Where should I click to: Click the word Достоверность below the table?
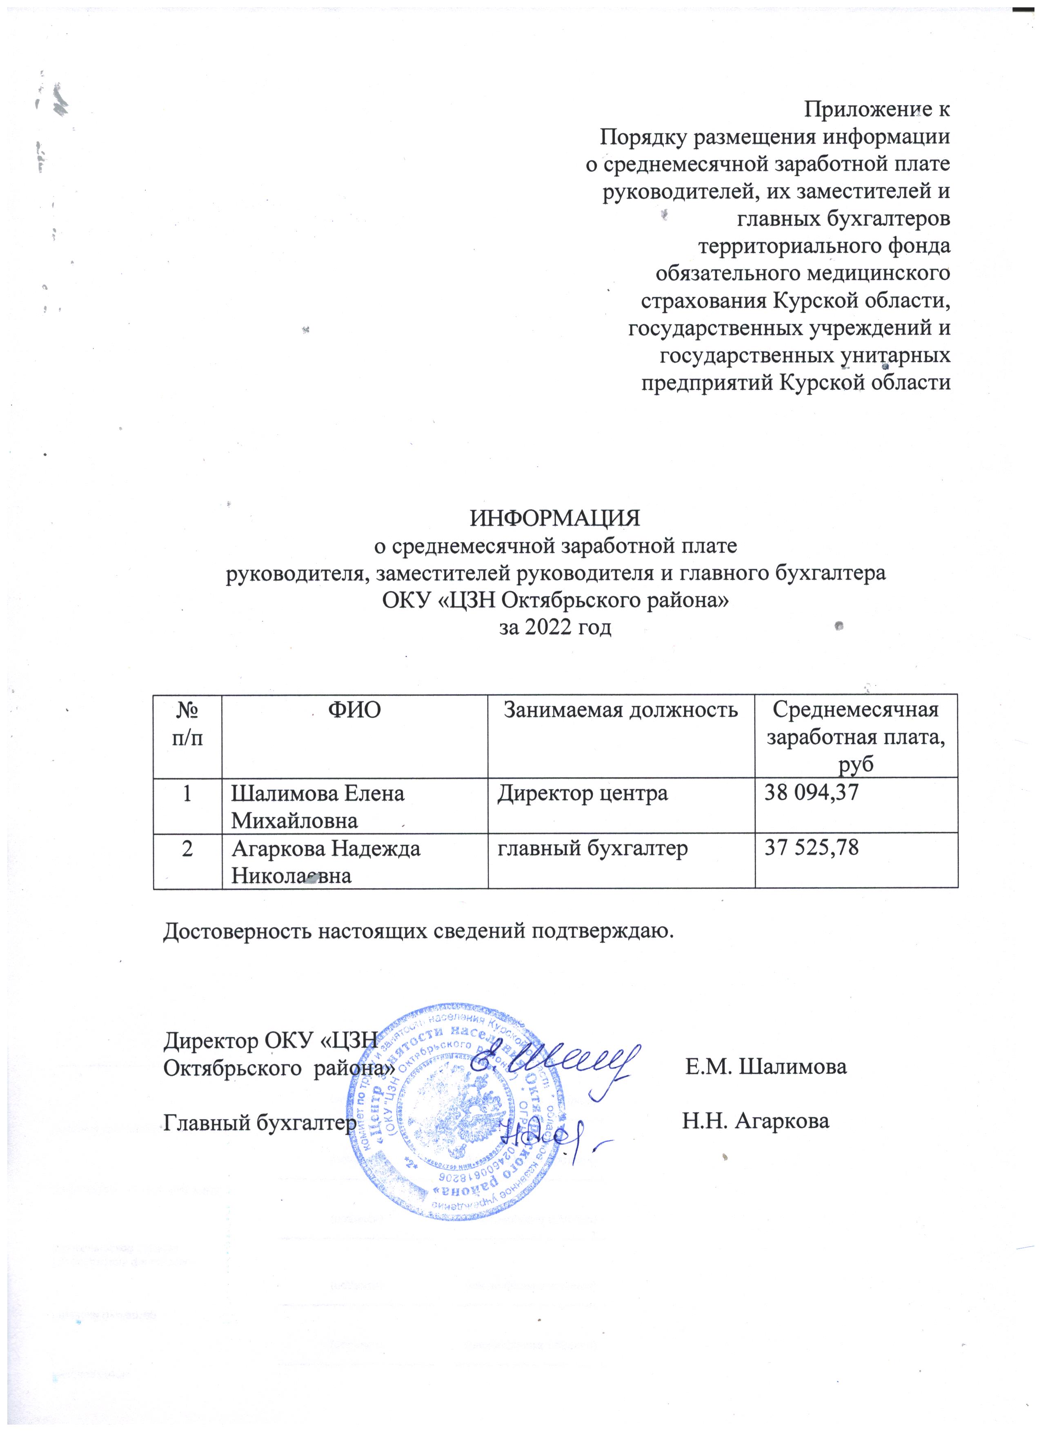point(240,932)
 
